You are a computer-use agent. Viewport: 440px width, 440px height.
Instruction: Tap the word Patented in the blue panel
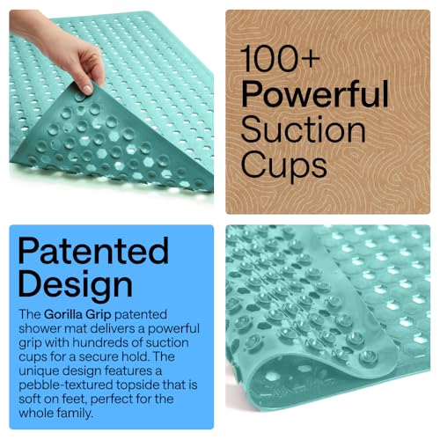click(92, 252)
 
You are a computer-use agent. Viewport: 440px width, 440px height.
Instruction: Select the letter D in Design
click(29, 284)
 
